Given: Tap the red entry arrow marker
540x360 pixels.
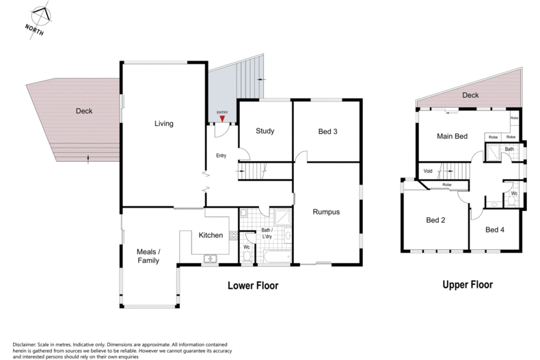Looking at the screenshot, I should [x=221, y=118].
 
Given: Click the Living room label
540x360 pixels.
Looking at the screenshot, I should [x=163, y=124].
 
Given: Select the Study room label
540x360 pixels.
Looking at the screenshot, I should [x=265, y=131].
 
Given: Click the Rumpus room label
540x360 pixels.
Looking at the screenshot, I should [x=326, y=212].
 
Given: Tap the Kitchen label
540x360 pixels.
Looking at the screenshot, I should [x=211, y=235].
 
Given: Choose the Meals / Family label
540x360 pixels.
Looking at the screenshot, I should [x=148, y=255].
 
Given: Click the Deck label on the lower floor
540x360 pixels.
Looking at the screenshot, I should [x=84, y=111].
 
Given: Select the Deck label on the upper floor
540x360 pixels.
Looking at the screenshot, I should [x=470, y=96].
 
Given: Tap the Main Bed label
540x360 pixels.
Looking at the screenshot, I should [x=452, y=137].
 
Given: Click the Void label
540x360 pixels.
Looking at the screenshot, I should [x=428, y=171].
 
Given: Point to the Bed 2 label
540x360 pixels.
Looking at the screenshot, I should [x=435, y=220].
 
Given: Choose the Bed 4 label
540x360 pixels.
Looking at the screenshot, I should [x=494, y=230].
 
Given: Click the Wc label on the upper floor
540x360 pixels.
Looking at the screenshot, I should [x=513, y=193].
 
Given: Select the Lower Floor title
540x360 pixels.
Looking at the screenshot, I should [x=253, y=285].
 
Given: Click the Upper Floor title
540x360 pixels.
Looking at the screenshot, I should [x=467, y=285].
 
